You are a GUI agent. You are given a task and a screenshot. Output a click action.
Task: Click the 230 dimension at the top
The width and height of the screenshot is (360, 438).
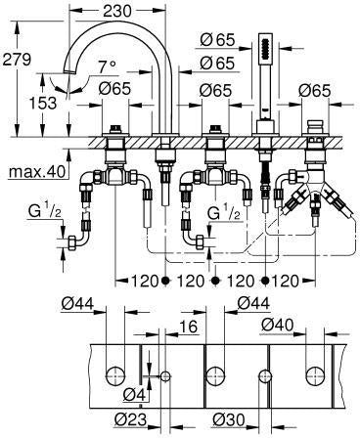pos(117,11)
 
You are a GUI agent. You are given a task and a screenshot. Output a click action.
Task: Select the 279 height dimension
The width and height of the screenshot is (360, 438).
pos(17,60)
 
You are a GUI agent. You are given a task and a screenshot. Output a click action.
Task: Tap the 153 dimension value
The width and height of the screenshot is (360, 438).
pos(43,104)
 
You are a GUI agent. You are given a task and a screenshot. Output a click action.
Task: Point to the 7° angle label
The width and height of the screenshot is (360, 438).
pos(108,67)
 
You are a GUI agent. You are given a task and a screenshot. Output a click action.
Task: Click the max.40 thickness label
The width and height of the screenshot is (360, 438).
pos(37,171)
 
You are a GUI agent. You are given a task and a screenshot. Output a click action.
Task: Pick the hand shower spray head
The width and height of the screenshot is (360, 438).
pos(265,47)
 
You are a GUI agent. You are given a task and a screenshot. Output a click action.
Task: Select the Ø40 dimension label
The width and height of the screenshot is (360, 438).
pos(278,325)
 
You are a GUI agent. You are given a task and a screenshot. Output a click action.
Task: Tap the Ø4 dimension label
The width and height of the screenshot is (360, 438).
pos(134,395)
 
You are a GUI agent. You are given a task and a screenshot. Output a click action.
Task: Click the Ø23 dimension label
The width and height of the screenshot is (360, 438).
pos(130,420)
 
